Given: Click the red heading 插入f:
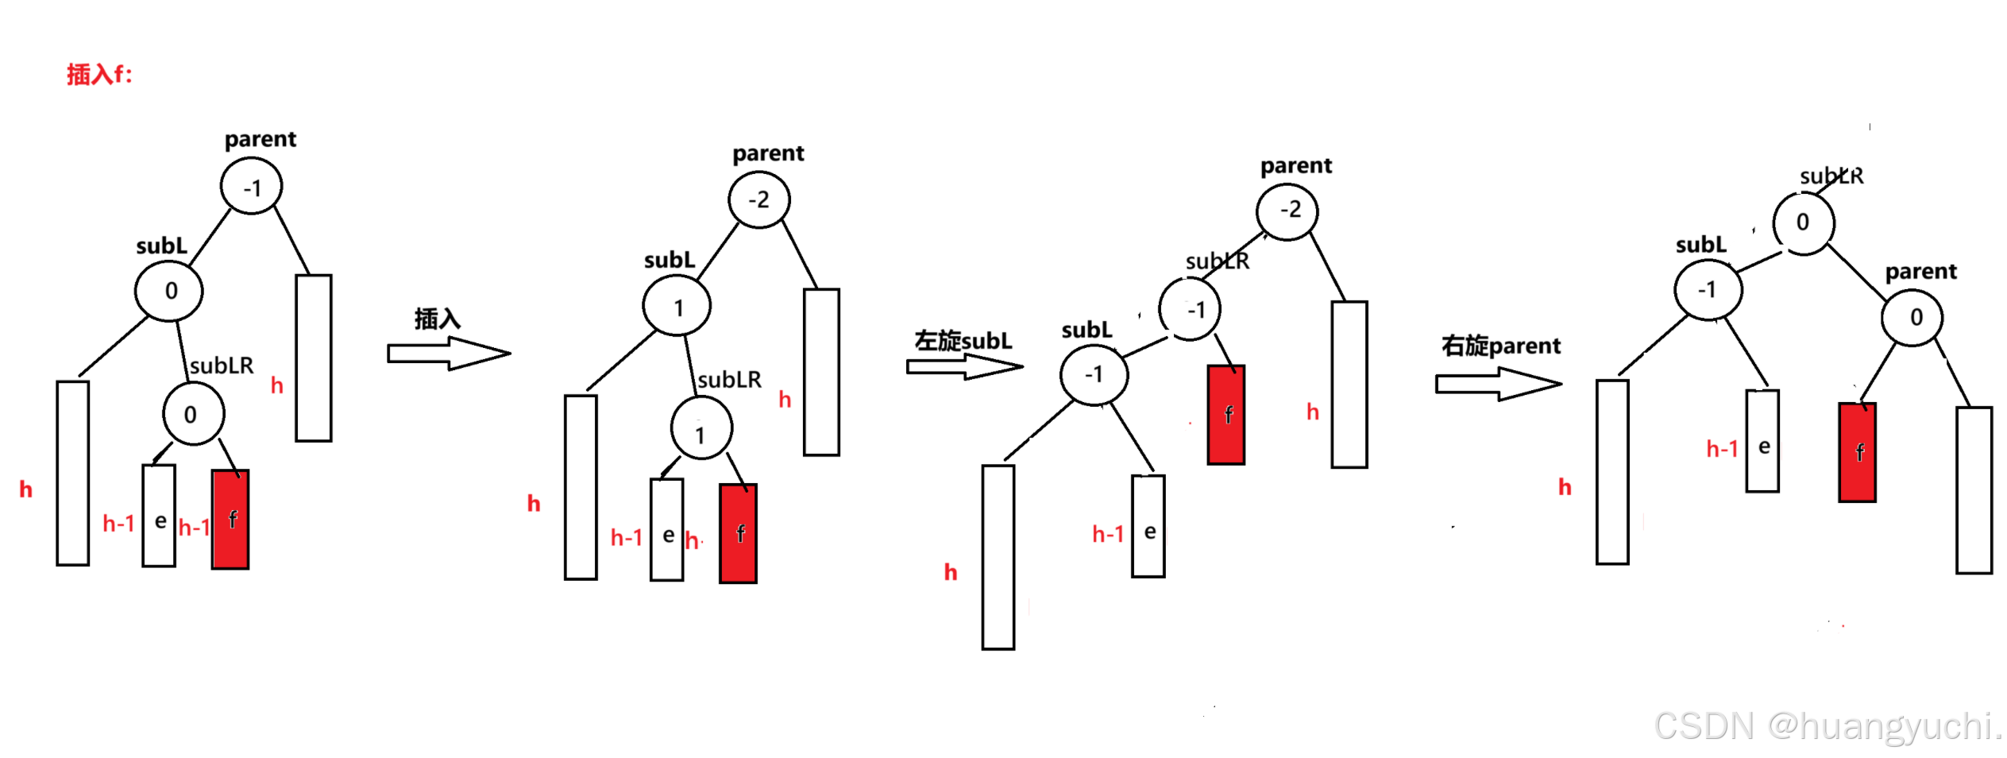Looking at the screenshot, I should (x=99, y=74).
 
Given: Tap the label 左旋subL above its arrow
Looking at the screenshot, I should (x=963, y=341).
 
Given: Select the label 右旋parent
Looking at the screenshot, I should (x=1500, y=346).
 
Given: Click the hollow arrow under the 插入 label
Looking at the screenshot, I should (x=449, y=354).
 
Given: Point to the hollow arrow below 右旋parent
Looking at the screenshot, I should (x=1498, y=385).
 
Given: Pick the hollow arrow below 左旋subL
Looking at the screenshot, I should (x=965, y=366).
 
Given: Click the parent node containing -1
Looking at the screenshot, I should (x=252, y=188).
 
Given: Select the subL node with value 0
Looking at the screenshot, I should (x=169, y=291).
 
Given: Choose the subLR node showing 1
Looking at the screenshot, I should (x=701, y=429).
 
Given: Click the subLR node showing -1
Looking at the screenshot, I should (x=1190, y=309).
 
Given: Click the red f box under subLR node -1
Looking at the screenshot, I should (x=1226, y=415).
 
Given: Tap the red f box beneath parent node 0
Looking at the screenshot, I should (x=1858, y=453).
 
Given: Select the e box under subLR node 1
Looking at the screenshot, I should (x=667, y=530).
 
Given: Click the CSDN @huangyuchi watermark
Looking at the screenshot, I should (x=1827, y=726).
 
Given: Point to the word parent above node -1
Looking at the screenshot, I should (x=260, y=139).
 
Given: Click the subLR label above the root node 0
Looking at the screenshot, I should (x=1831, y=176).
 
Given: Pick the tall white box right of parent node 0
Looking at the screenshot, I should (x=1974, y=490).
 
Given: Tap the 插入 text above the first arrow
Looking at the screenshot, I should (x=437, y=319).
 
